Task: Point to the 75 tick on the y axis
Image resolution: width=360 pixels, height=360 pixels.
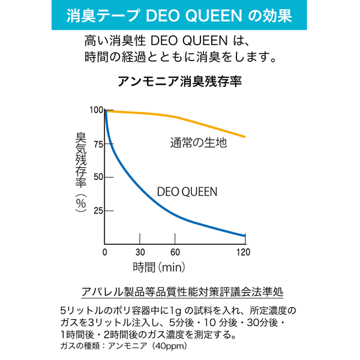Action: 97,143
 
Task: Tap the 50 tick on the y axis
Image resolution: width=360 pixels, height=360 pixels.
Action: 97,177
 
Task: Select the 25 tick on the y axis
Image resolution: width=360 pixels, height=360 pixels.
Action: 97,211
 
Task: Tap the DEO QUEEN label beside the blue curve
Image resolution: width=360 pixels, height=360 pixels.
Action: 187,192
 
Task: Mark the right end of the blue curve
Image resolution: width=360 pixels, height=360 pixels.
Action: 245,236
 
